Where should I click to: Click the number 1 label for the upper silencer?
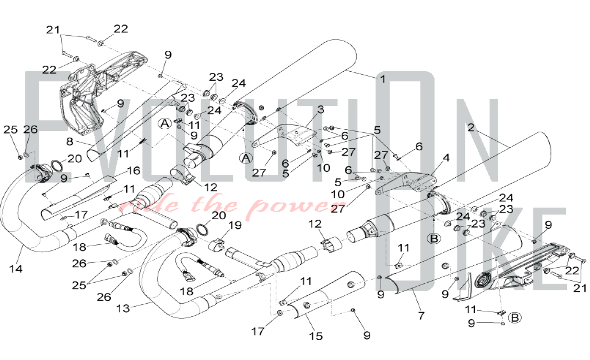383,79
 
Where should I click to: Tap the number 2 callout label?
471,127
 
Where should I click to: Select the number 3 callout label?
321,110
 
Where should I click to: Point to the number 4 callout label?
446,158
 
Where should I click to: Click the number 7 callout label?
421,316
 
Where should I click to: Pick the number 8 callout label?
70,142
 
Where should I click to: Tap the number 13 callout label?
123,309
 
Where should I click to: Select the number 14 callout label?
16,269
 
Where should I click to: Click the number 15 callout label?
316,336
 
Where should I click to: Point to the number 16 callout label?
134,171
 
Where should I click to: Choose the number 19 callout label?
235,225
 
